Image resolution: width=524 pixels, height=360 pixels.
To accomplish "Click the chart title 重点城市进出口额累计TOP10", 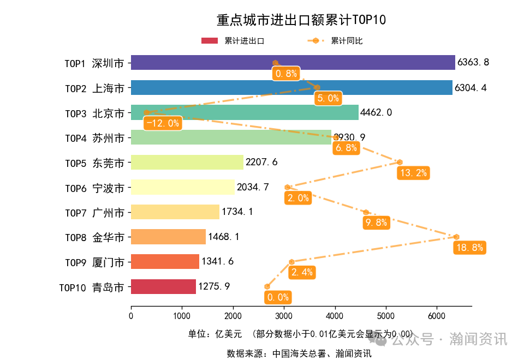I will point(301,20).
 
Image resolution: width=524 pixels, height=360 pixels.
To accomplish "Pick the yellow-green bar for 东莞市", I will point(187,163).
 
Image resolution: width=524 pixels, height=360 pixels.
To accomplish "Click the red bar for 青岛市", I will point(163,287).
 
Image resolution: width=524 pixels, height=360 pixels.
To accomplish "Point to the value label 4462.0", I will point(376,112).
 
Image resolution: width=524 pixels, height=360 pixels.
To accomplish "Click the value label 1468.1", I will point(224,237).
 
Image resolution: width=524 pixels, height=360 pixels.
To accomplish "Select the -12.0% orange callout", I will point(163,123).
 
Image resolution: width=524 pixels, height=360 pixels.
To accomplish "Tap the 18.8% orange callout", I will point(469,248).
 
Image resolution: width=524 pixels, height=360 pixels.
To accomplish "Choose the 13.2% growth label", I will point(414,173).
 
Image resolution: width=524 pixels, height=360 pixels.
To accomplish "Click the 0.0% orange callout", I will point(277,297).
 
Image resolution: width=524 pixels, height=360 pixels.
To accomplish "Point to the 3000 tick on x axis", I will point(284,316).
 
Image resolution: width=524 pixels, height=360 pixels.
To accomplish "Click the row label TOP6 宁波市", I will point(94,188).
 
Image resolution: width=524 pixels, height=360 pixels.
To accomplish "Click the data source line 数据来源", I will point(299,353).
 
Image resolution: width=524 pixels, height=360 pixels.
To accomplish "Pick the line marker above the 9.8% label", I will point(366,212).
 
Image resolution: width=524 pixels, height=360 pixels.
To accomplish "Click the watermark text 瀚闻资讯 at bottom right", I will point(478,339).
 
